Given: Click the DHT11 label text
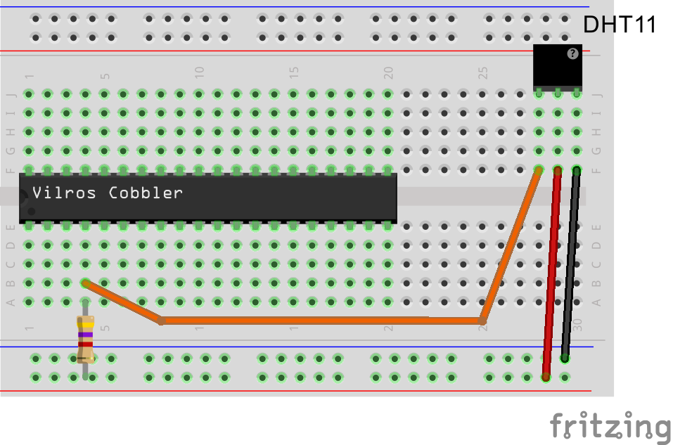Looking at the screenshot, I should (620, 25).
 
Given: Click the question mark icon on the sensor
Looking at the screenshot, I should (573, 53).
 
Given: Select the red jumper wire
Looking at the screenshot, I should (552, 274).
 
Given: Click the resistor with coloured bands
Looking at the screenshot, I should (85, 340).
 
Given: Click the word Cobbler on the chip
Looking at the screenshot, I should (146, 193).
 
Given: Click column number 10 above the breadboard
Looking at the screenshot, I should (199, 71).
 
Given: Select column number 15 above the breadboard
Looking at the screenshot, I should (294, 71).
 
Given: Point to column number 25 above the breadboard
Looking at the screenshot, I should (483, 71).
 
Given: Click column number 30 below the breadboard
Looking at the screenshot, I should (577, 325).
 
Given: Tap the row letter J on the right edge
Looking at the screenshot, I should (597, 93).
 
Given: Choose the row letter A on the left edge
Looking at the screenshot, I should (11, 302).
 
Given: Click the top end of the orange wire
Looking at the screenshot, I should (539, 170).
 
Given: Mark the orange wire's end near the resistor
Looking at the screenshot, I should (85, 283).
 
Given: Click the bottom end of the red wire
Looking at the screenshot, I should (546, 377).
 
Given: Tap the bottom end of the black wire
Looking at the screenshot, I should (565, 359).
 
